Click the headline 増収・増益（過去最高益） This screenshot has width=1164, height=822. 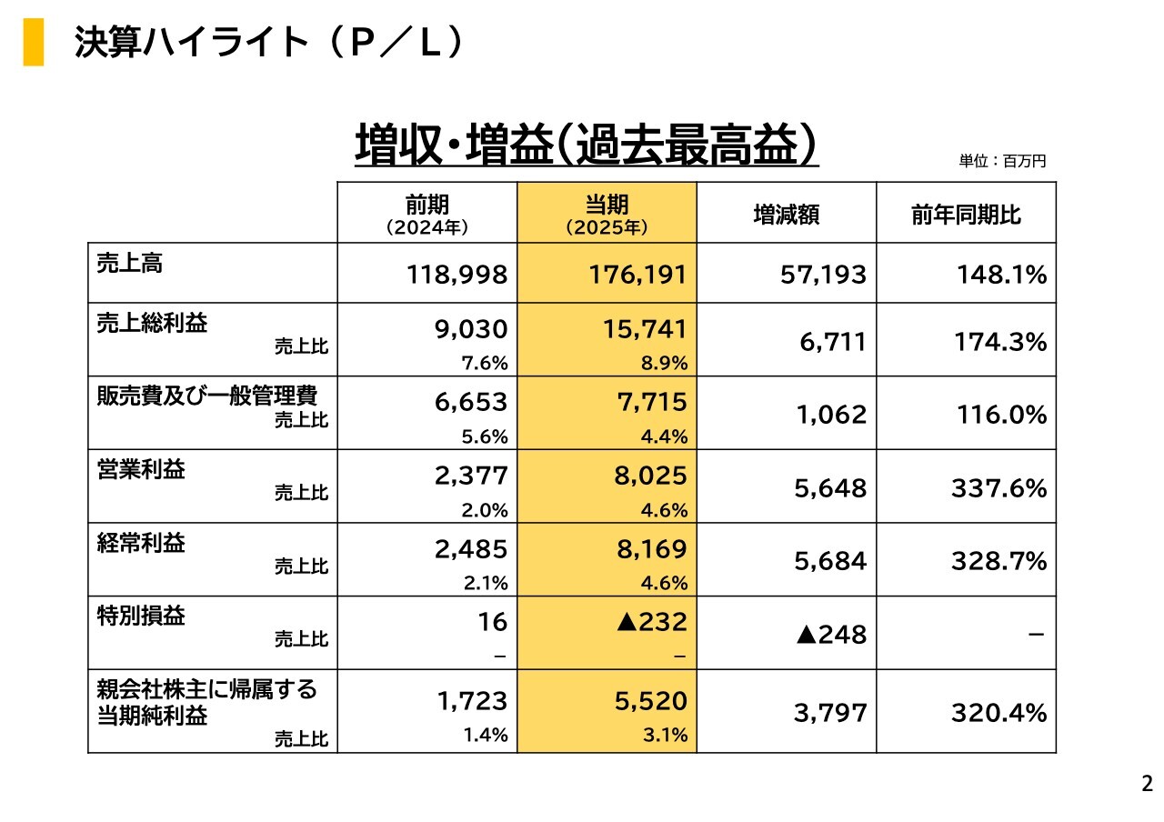tap(587, 145)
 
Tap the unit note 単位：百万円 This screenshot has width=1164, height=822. tap(1002, 161)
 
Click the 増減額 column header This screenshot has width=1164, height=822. tap(787, 215)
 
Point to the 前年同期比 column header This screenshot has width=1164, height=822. tap(966, 215)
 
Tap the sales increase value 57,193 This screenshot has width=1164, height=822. tap(823, 274)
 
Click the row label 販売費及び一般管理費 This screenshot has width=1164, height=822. tap(207, 396)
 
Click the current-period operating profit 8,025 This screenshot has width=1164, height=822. tap(650, 476)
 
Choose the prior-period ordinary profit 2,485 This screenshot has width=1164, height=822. tap(471, 549)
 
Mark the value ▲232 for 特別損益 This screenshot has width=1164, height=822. tap(651, 622)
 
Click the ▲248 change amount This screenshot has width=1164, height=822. tap(831, 635)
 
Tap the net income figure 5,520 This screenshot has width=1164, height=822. tap(650, 701)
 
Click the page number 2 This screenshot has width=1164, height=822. tap(1147, 784)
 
